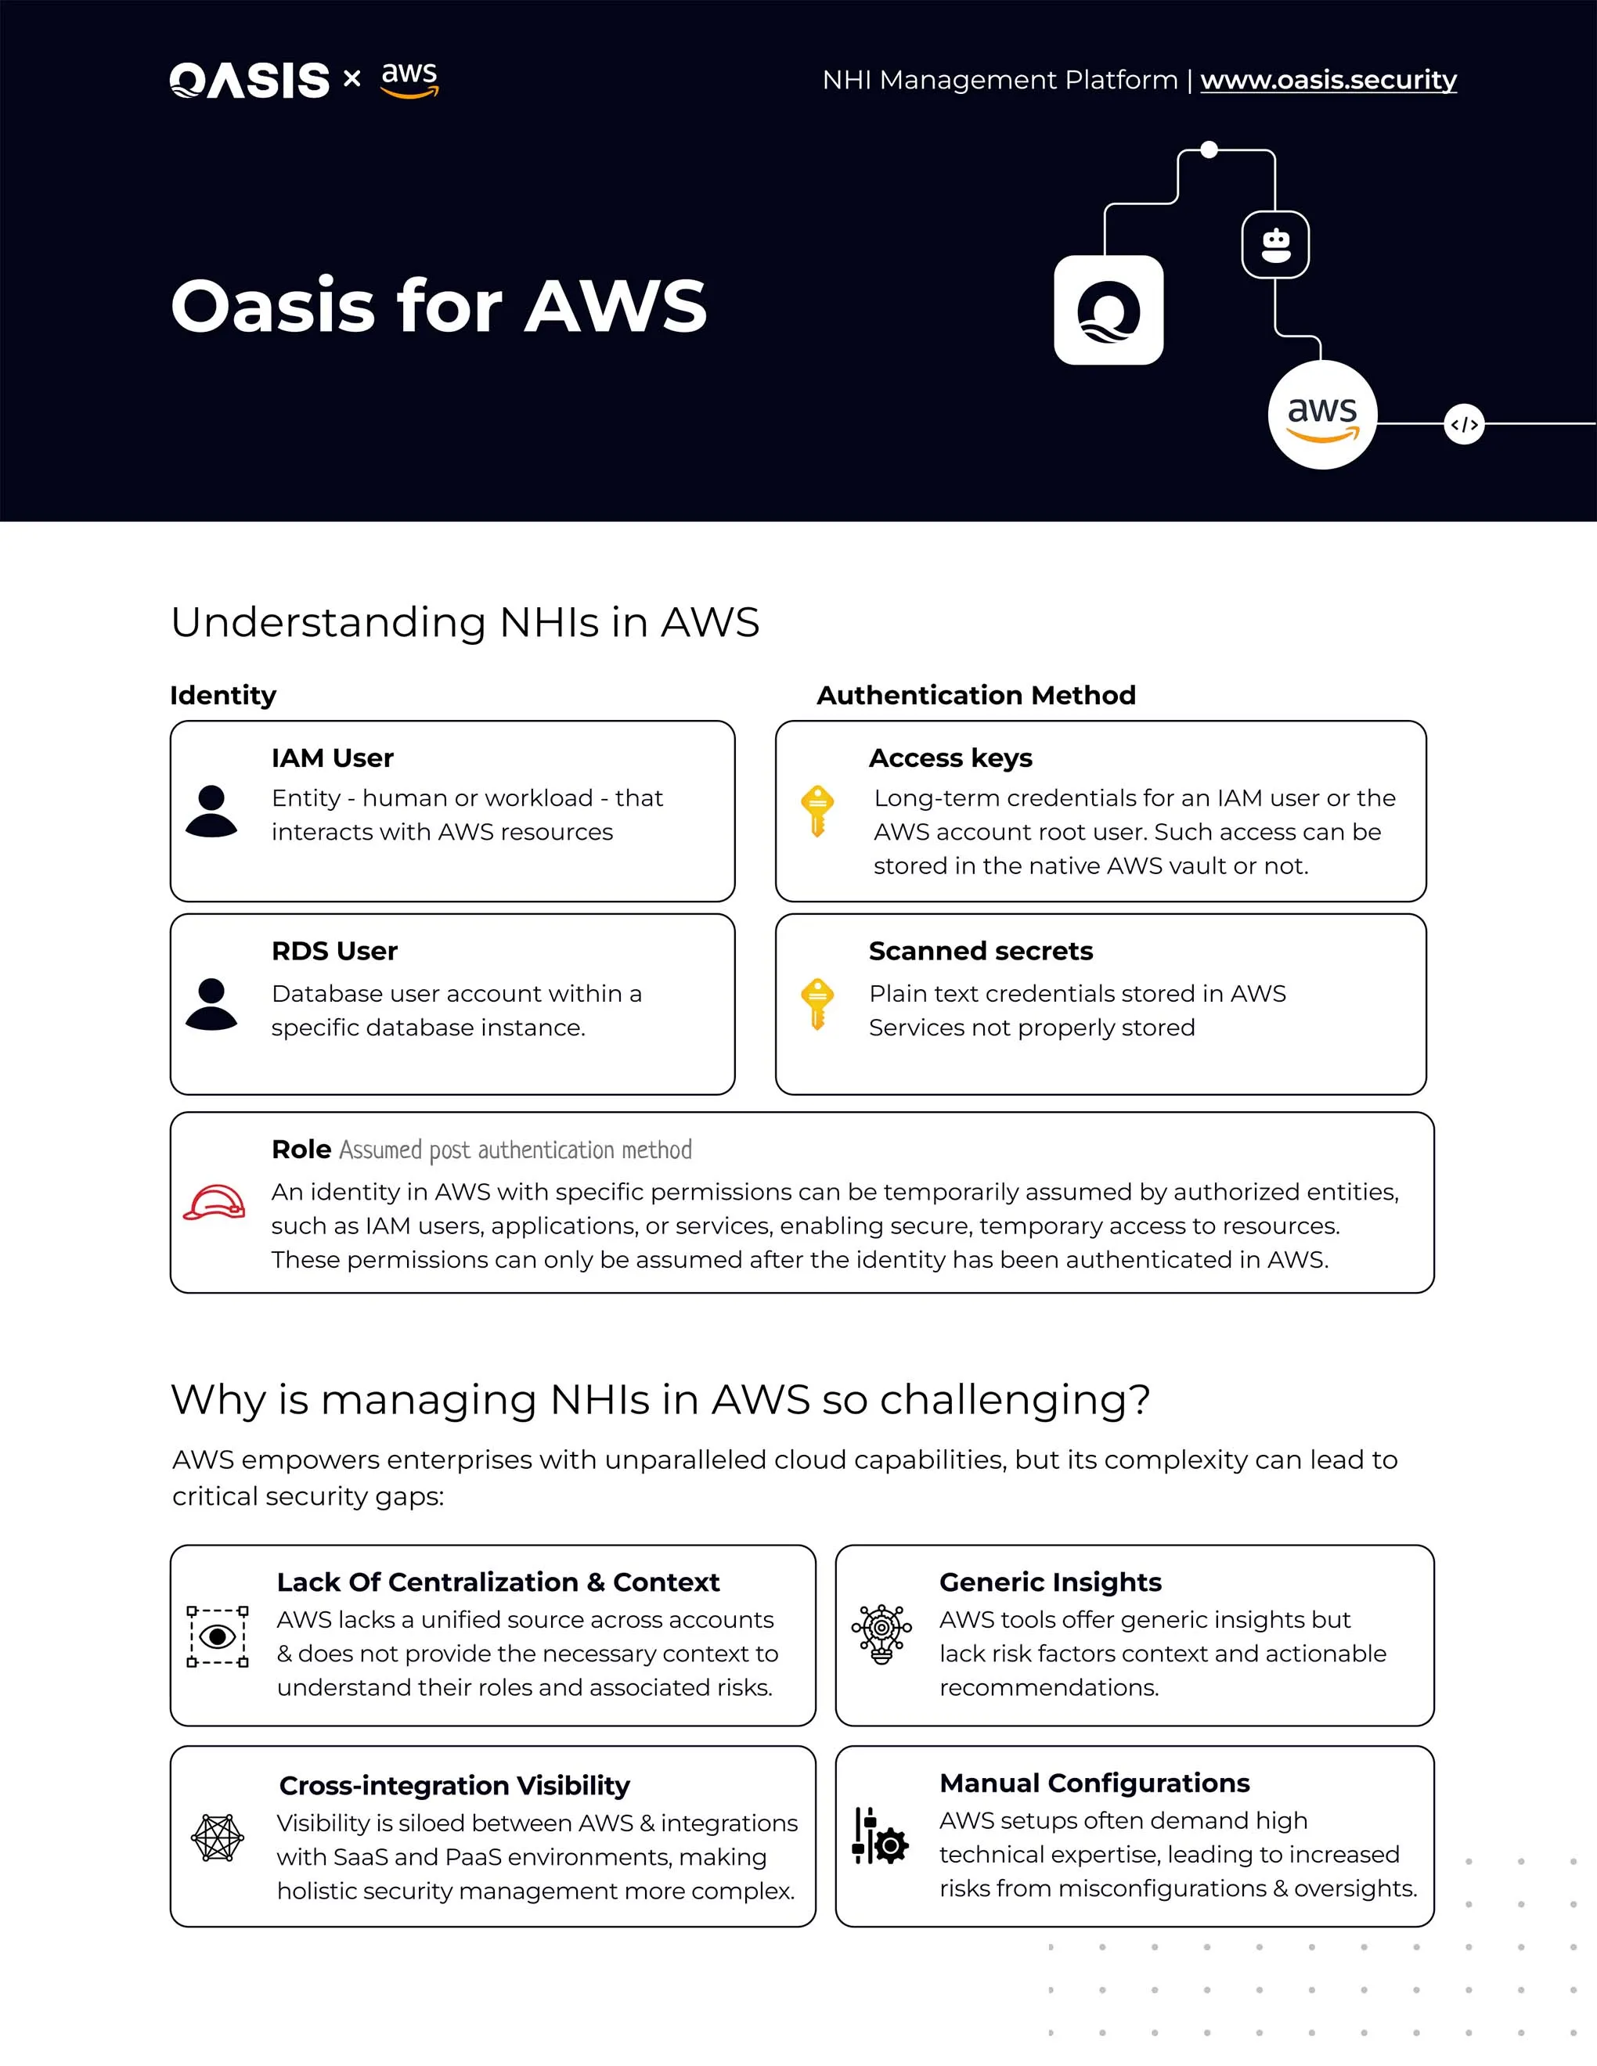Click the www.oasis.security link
[x=1328, y=80]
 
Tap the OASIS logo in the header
[x=250, y=81]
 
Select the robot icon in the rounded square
[x=1275, y=245]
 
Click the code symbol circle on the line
[x=1464, y=425]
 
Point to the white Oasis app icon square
[x=1108, y=310]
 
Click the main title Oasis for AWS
[x=438, y=307]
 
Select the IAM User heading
[x=332, y=758]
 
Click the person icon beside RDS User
[x=211, y=1004]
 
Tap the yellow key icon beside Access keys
[x=817, y=811]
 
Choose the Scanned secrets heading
[x=980, y=951]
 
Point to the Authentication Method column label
[x=975, y=695]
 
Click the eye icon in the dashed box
[x=218, y=1636]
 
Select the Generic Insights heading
[x=1050, y=1582]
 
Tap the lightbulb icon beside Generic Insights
[x=881, y=1634]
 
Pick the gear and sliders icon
[x=880, y=1836]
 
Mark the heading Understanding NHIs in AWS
[x=464, y=622]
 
